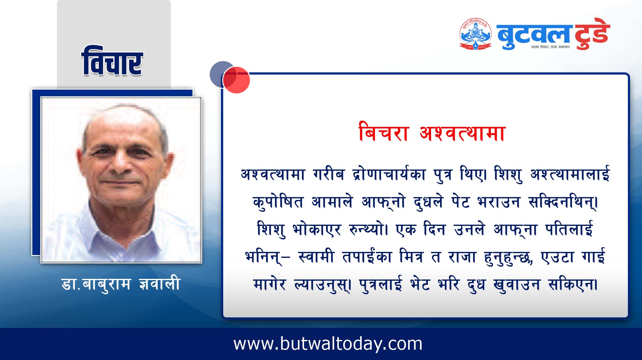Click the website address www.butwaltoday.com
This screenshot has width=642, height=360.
pos(328,344)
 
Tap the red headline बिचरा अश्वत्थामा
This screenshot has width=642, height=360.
pos(432,133)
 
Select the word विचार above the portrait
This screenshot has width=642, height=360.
pos(112,61)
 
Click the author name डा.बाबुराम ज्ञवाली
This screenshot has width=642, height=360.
pos(121,284)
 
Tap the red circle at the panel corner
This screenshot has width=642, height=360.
pos(236,80)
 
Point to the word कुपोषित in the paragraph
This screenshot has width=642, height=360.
pos(278,202)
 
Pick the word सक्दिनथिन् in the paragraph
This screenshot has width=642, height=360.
pos(563,202)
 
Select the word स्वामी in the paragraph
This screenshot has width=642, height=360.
pos(316,257)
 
